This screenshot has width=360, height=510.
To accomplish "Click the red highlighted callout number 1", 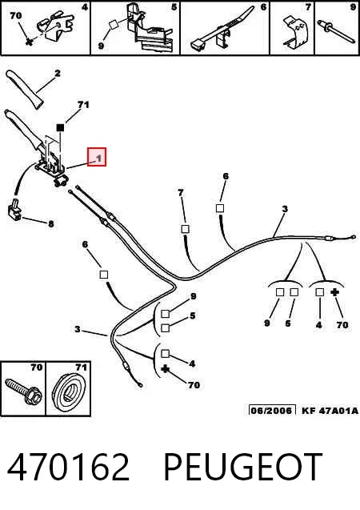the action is click(97, 157).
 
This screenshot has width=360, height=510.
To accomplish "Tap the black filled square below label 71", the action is click(61, 127).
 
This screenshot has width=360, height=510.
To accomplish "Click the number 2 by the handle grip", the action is click(58, 74).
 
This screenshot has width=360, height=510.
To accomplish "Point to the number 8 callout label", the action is click(51, 224).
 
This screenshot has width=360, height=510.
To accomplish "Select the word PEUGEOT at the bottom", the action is click(243, 467).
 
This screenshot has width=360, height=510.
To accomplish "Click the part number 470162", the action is click(68, 467).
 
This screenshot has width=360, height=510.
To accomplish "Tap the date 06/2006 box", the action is click(272, 410).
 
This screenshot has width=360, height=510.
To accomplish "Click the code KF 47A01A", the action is click(330, 411).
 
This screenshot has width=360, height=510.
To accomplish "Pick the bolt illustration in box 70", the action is click(23, 392).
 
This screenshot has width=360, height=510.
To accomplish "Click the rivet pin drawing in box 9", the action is click(336, 31).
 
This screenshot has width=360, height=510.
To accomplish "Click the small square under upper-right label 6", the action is click(220, 208).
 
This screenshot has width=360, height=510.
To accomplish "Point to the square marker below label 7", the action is click(185, 229).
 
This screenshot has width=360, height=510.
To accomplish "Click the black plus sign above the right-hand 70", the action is click(334, 292).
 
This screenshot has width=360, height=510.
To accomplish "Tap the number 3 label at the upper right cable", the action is click(285, 209).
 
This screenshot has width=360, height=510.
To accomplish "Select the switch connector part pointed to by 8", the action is click(14, 209).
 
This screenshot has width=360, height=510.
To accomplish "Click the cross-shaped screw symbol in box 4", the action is click(30, 42).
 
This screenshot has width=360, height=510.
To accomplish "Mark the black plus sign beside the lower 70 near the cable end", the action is click(166, 369).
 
